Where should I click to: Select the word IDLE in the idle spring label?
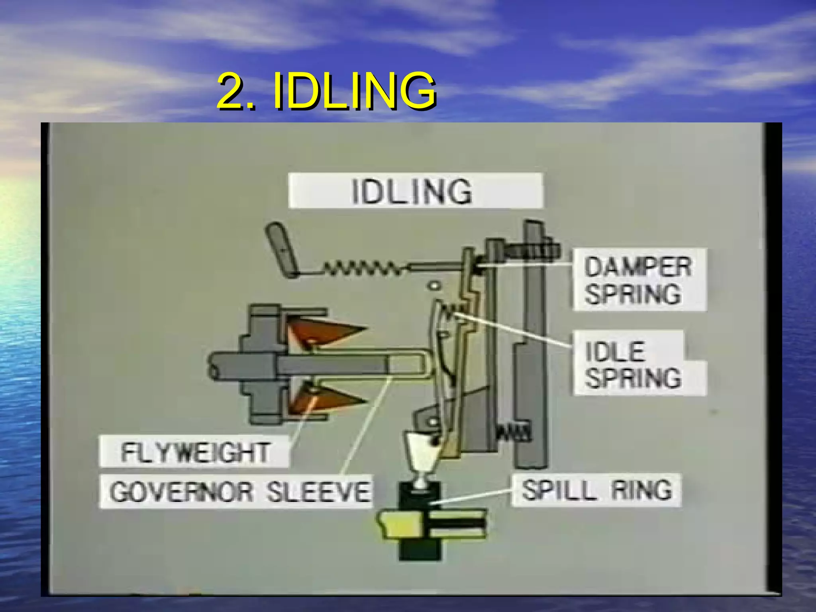614,351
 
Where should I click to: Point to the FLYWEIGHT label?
194,452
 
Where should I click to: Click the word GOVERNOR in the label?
181,492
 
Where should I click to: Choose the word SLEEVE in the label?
318,492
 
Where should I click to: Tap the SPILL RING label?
596,490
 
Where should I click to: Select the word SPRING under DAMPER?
633,294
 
